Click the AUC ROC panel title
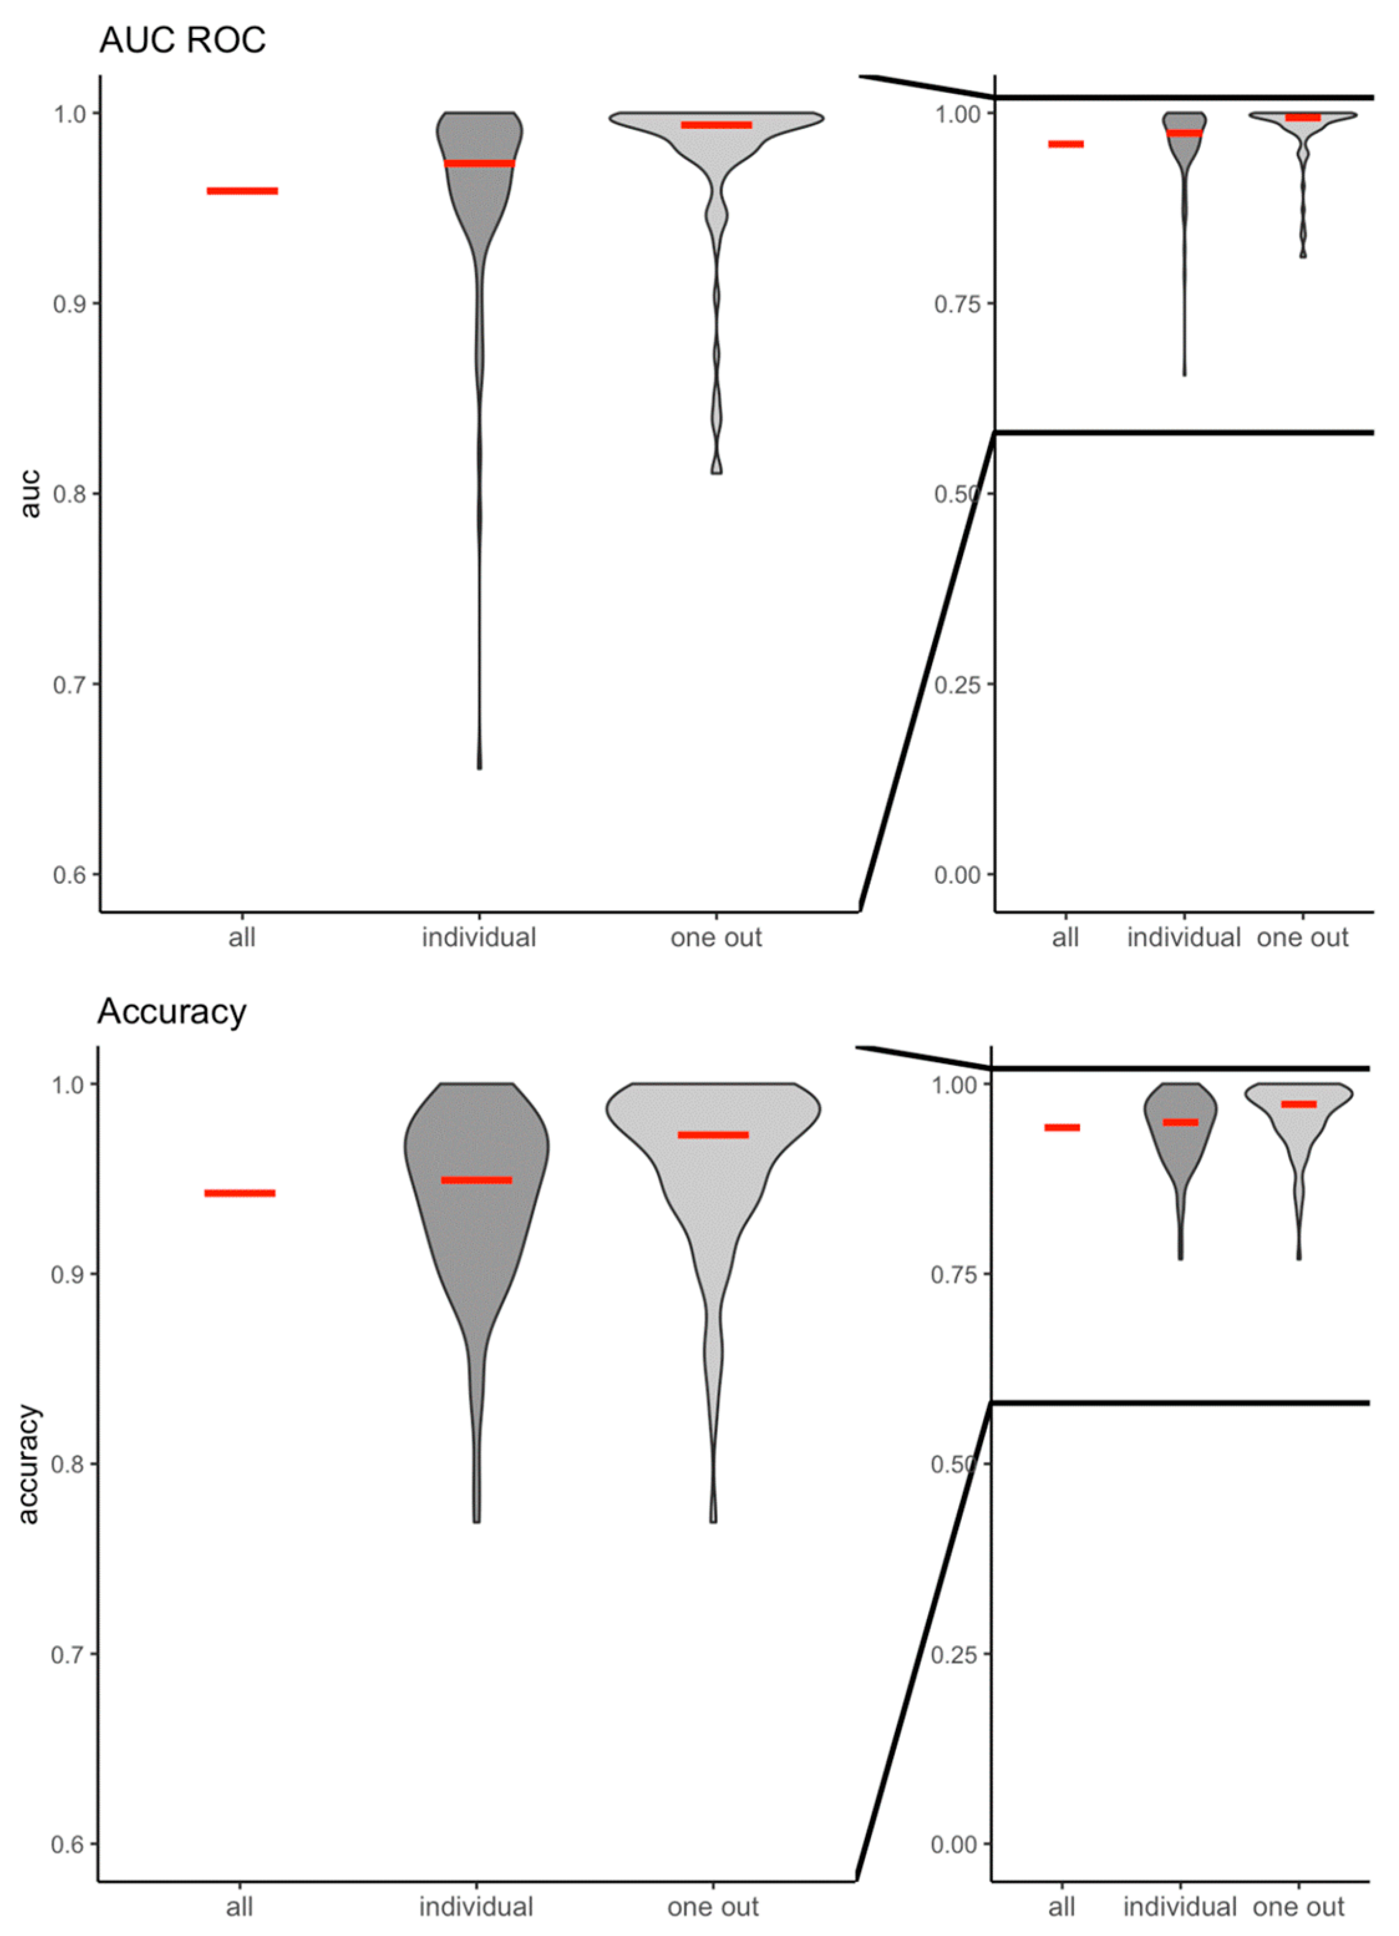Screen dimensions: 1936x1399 click(182, 40)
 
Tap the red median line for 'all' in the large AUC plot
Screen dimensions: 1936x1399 click(242, 190)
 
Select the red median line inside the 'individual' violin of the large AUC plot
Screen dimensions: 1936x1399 click(479, 163)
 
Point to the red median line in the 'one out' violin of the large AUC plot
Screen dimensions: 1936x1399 click(716, 126)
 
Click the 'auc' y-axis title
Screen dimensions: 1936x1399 click(30, 494)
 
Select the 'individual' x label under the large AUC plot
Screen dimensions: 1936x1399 click(479, 937)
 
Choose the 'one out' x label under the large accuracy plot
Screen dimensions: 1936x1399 click(713, 1906)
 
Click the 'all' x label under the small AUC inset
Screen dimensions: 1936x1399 click(1065, 937)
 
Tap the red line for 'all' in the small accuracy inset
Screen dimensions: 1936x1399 click(1062, 1127)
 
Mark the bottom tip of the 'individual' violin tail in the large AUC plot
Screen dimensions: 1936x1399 click(479, 768)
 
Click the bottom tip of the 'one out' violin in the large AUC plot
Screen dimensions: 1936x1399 click(717, 471)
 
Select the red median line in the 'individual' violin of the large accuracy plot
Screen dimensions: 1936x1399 click(476, 1180)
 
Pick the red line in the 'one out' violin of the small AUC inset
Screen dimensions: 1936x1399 click(1302, 117)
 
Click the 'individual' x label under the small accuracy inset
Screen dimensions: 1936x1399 click(1180, 1906)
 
